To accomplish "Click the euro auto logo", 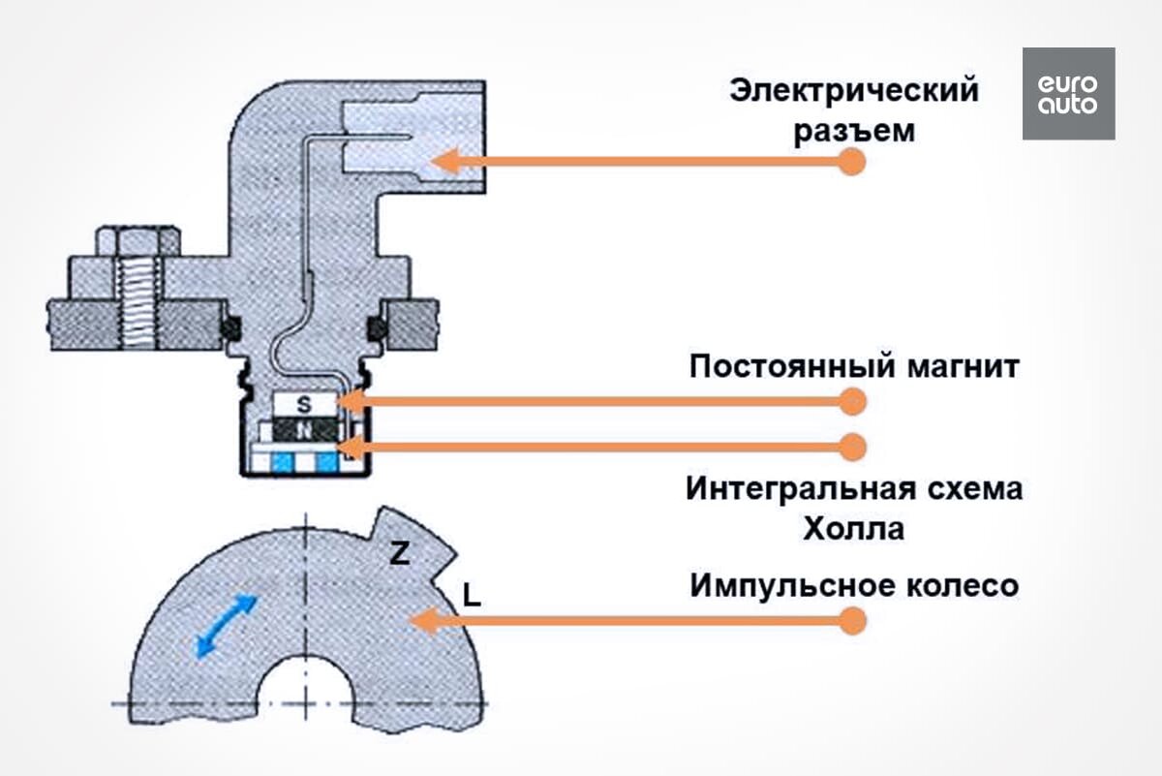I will tap(1068, 94).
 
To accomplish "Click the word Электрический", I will tap(854, 92).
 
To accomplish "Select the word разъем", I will tap(854, 132).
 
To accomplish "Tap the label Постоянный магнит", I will tap(854, 368).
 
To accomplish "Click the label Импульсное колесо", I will tap(854, 586).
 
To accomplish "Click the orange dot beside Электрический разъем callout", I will tap(851, 162).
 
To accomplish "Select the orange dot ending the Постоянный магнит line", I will tap(852, 399).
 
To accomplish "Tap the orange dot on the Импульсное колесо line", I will tap(852, 620).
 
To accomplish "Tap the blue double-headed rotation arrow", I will tap(227, 626).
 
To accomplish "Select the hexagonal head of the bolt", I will tap(137, 241).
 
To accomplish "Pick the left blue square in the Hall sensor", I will tap(285, 464).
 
